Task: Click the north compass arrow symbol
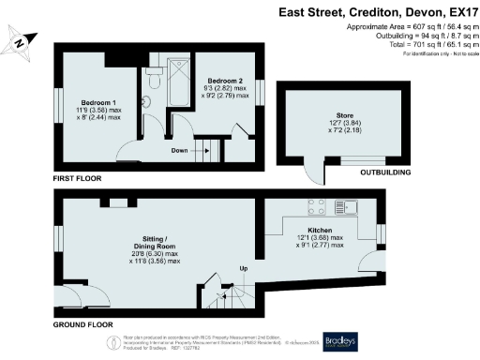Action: point(19,40)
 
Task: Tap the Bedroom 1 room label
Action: point(98,100)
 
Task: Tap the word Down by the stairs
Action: point(180,149)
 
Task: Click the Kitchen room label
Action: point(320,230)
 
